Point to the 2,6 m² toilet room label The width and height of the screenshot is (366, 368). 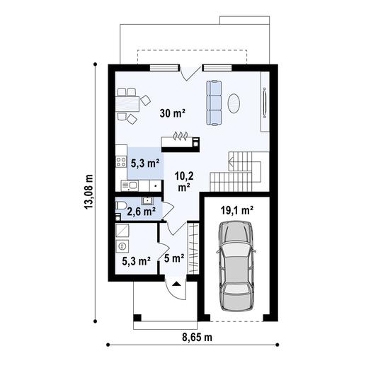coord(140,211)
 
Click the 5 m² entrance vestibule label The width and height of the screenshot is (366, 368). coord(173,258)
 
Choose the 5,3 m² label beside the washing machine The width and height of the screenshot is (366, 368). coord(135,261)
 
